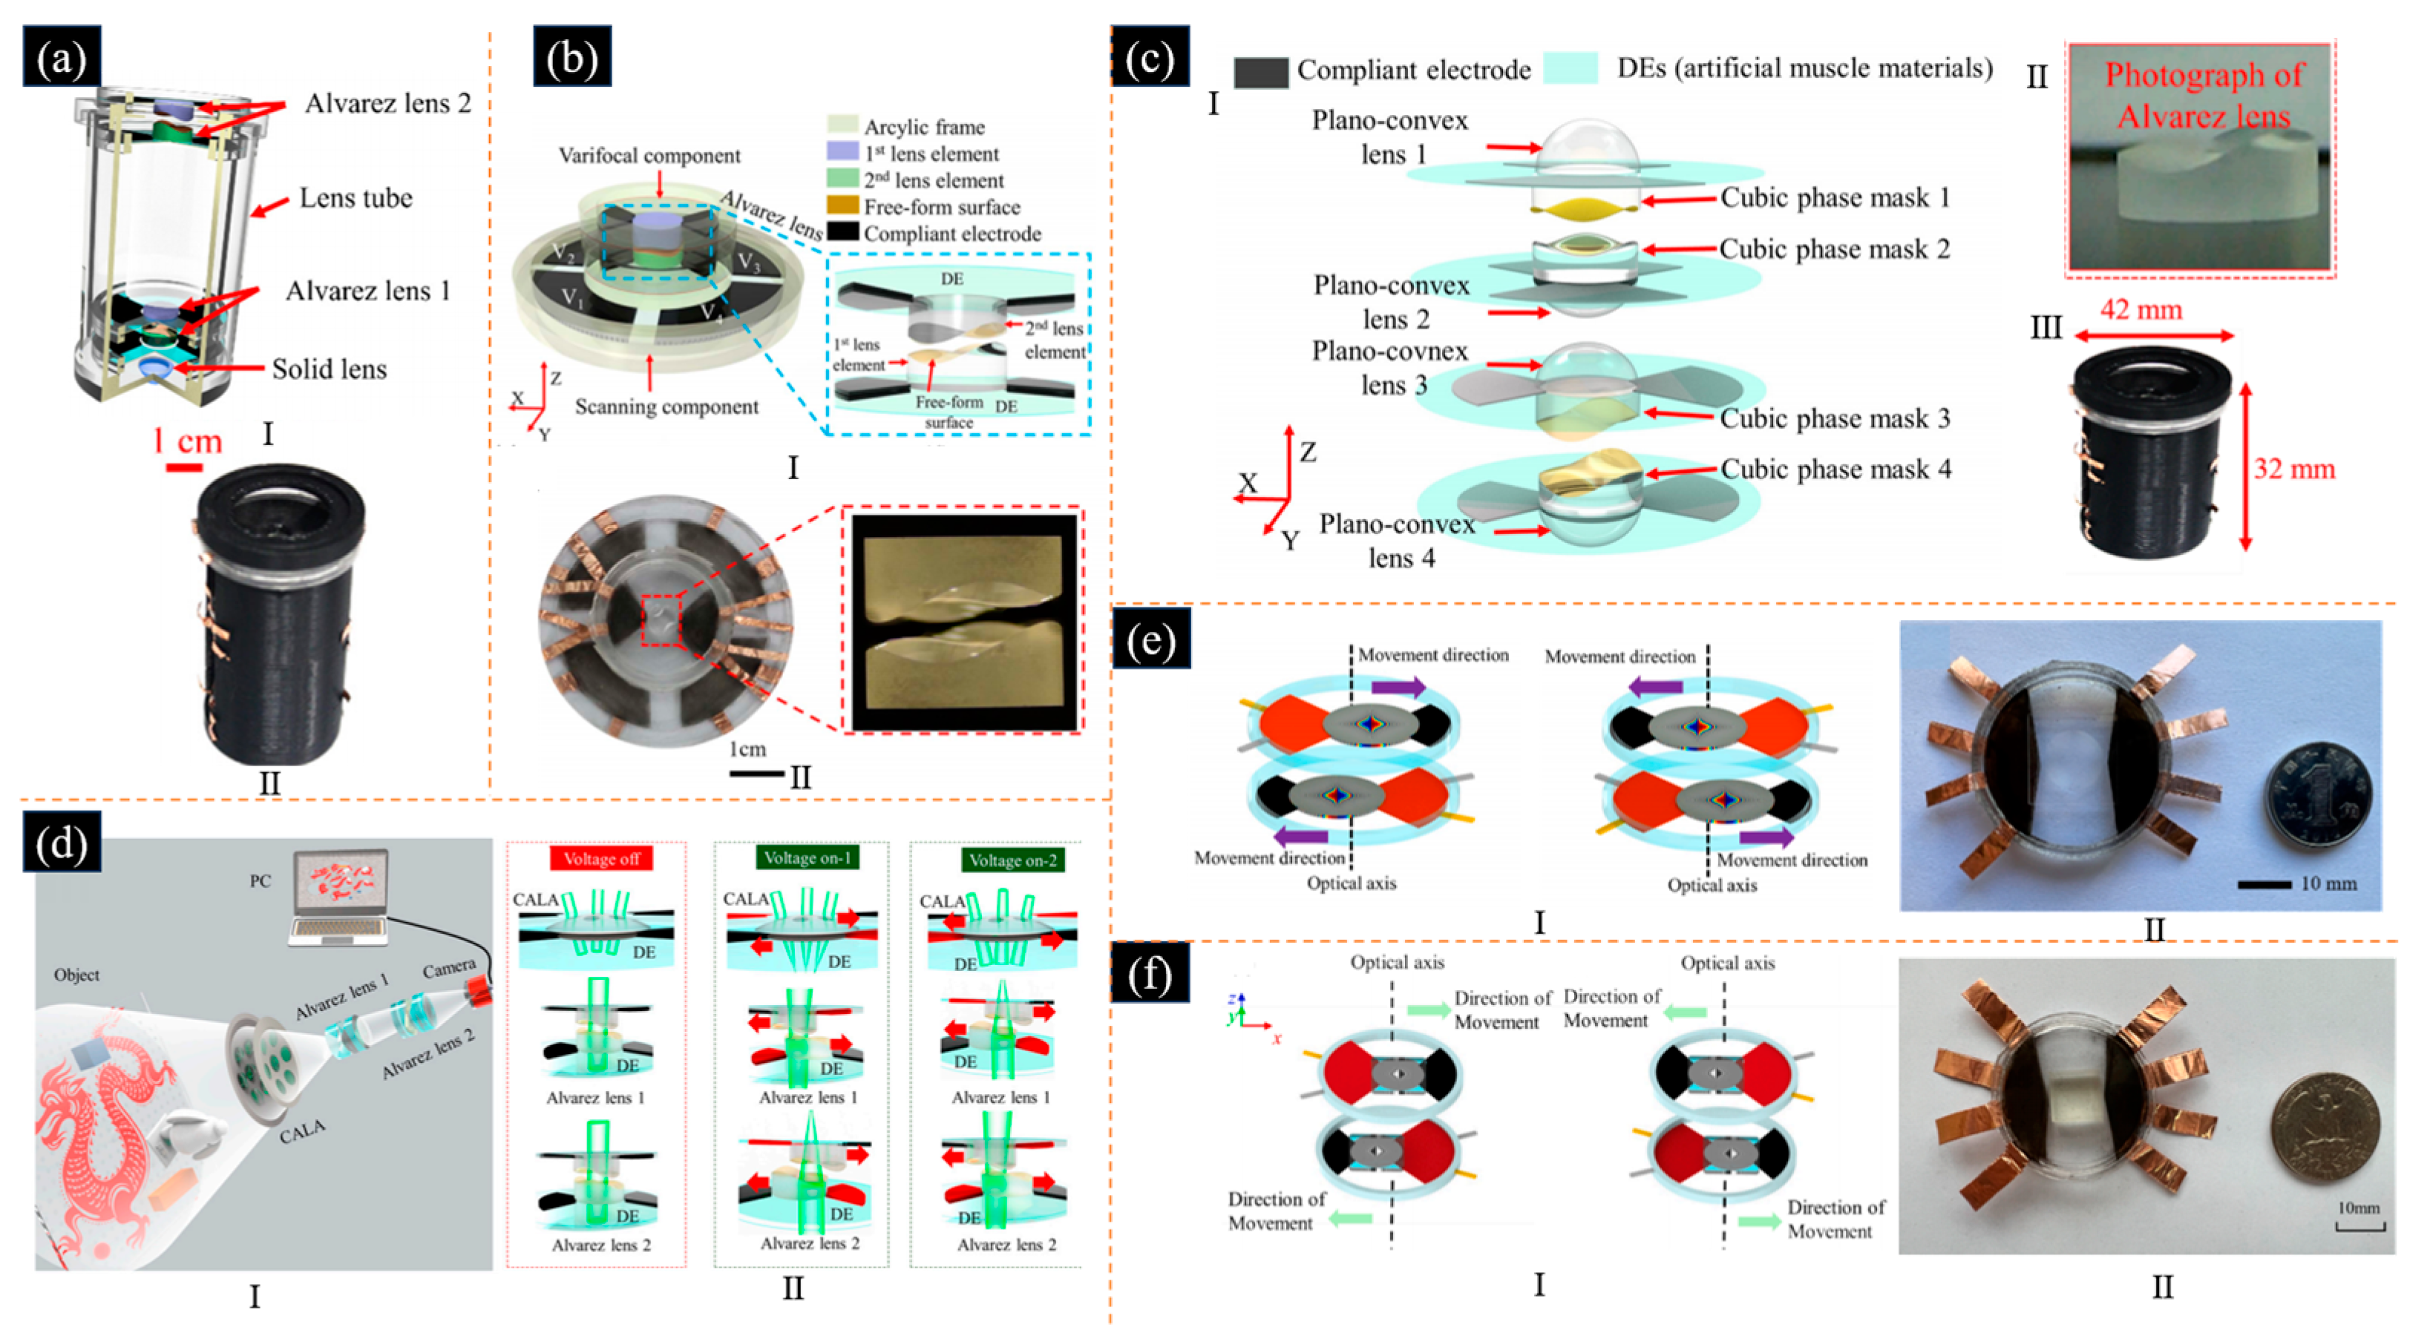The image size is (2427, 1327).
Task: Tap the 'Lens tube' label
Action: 356,198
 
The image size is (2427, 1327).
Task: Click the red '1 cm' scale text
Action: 188,441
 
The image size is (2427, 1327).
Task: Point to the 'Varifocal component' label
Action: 649,155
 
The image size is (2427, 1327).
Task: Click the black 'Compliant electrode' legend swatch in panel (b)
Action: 842,231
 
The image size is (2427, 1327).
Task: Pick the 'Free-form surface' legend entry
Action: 941,207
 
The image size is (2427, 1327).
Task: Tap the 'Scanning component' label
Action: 666,407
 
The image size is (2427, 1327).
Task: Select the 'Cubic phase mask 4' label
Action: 1835,469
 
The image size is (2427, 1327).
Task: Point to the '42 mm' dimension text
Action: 2141,310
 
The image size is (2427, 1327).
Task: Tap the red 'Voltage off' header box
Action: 601,859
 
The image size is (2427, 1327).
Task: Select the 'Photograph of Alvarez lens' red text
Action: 2204,95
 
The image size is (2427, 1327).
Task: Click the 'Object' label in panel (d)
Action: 76,975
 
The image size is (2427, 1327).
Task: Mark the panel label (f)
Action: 1150,975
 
